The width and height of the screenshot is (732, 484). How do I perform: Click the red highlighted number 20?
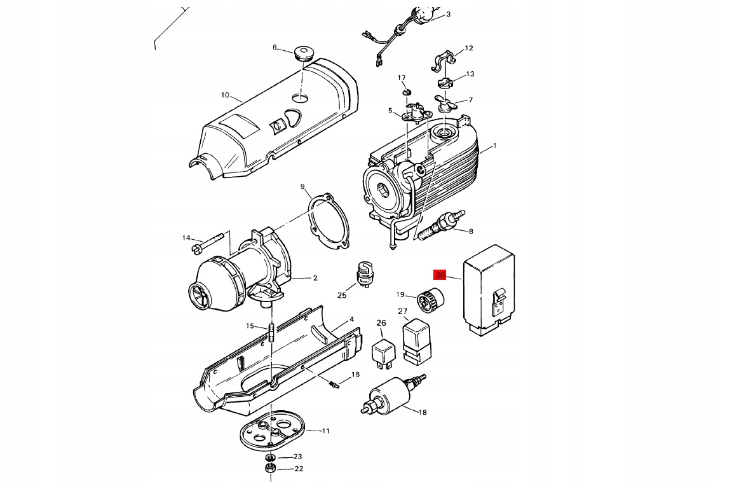coord(440,275)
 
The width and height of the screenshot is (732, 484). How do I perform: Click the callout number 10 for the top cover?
coord(225,95)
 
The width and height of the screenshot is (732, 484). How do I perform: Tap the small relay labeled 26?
coord(383,353)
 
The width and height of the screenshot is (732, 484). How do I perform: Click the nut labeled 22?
coord(269,469)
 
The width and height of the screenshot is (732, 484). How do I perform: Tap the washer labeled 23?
coord(269,457)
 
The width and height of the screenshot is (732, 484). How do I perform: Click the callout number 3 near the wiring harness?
coord(447,14)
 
